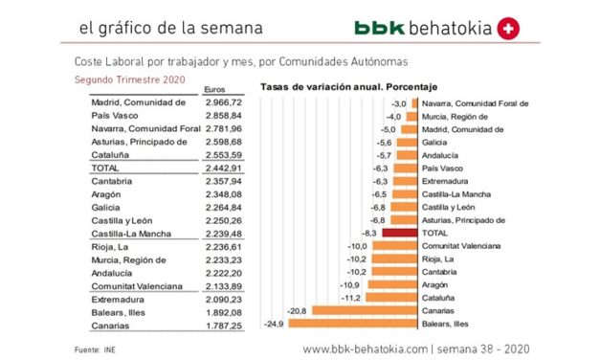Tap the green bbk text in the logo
[377, 29]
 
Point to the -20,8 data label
[299, 309]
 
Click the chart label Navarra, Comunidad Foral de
[474, 101]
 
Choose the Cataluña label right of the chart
[439, 297]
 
